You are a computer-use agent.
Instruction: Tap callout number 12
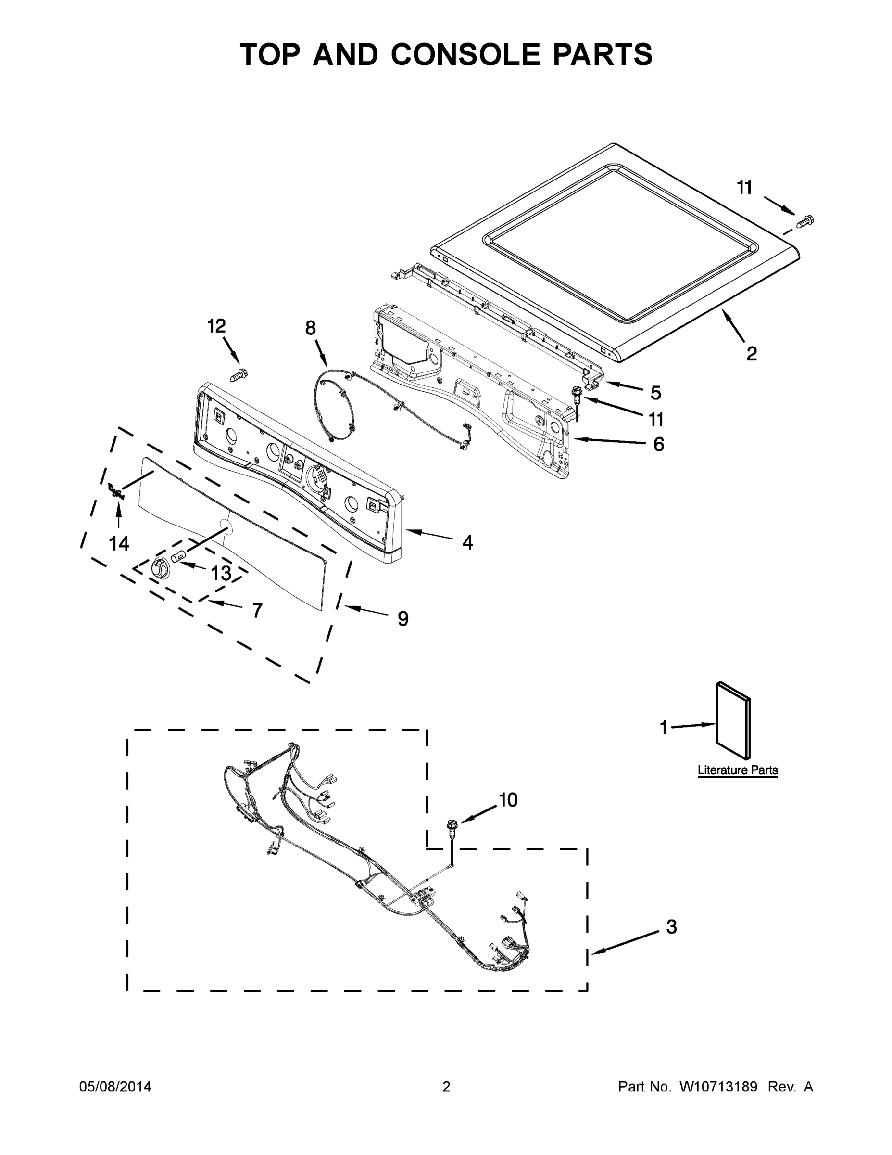[x=216, y=326]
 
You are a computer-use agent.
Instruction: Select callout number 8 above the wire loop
[x=310, y=328]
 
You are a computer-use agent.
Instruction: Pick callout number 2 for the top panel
[x=752, y=353]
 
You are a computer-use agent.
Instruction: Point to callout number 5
[x=655, y=392]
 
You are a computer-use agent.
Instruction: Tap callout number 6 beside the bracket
[x=658, y=444]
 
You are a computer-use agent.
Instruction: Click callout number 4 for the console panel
[x=467, y=542]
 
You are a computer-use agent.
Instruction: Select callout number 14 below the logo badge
[x=119, y=543]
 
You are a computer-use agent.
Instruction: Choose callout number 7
[x=257, y=611]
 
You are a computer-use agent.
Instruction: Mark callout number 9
[x=402, y=618]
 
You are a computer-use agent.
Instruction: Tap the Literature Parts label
[x=738, y=770]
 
